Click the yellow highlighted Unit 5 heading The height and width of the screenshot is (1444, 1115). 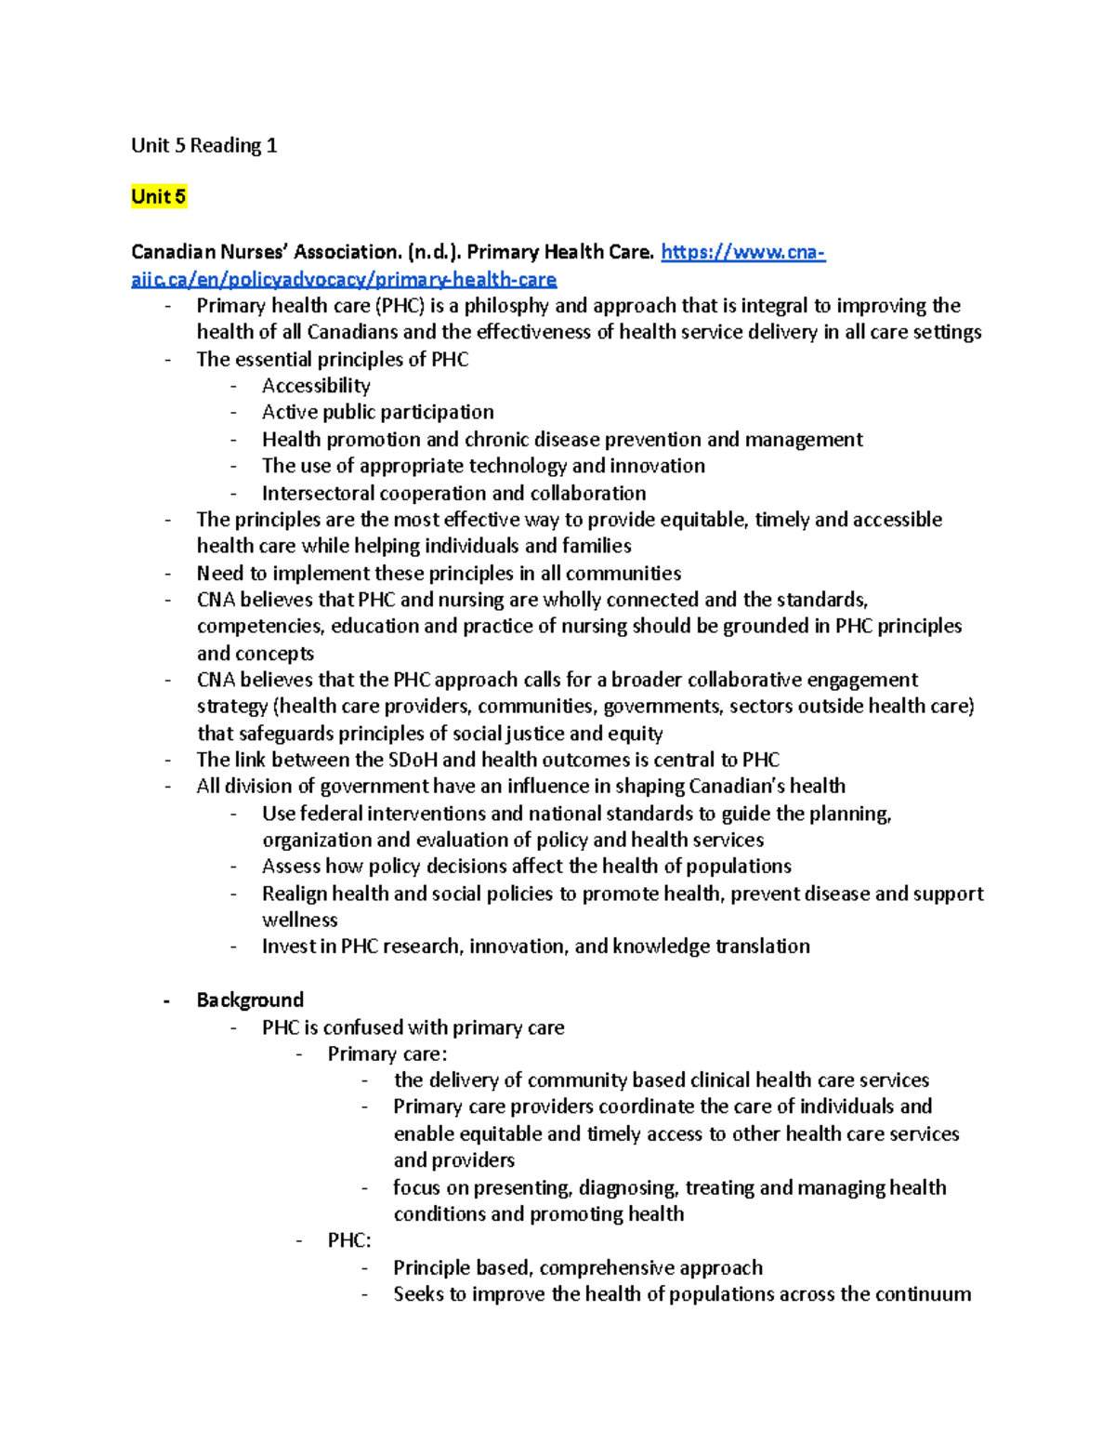[x=158, y=196]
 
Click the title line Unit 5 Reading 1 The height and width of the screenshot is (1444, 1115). [x=203, y=145]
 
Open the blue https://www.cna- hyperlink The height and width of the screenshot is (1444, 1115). [x=742, y=252]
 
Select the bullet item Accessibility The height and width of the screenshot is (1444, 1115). [x=316, y=386]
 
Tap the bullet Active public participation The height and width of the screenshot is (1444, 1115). [x=377, y=412]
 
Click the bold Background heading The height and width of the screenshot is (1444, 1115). [x=250, y=1000]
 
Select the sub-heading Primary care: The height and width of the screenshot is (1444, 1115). [x=387, y=1053]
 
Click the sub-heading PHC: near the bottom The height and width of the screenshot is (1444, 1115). [x=349, y=1241]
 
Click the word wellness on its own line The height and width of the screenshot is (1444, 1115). [x=299, y=920]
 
